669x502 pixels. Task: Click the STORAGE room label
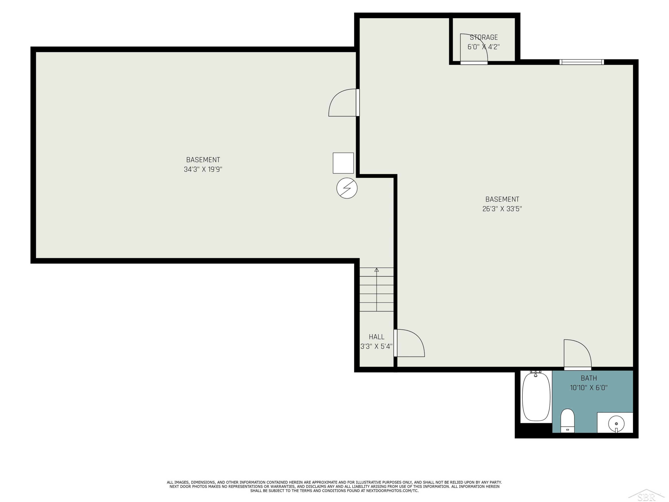484,37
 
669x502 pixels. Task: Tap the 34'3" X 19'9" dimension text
203,169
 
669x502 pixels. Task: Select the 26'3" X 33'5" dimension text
502,209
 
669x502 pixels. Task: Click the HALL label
377,337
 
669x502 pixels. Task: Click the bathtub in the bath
536,397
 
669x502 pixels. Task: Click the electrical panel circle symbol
347,188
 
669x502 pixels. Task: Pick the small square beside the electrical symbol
343,163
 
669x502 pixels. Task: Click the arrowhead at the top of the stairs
377,270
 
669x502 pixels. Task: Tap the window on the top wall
582,62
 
